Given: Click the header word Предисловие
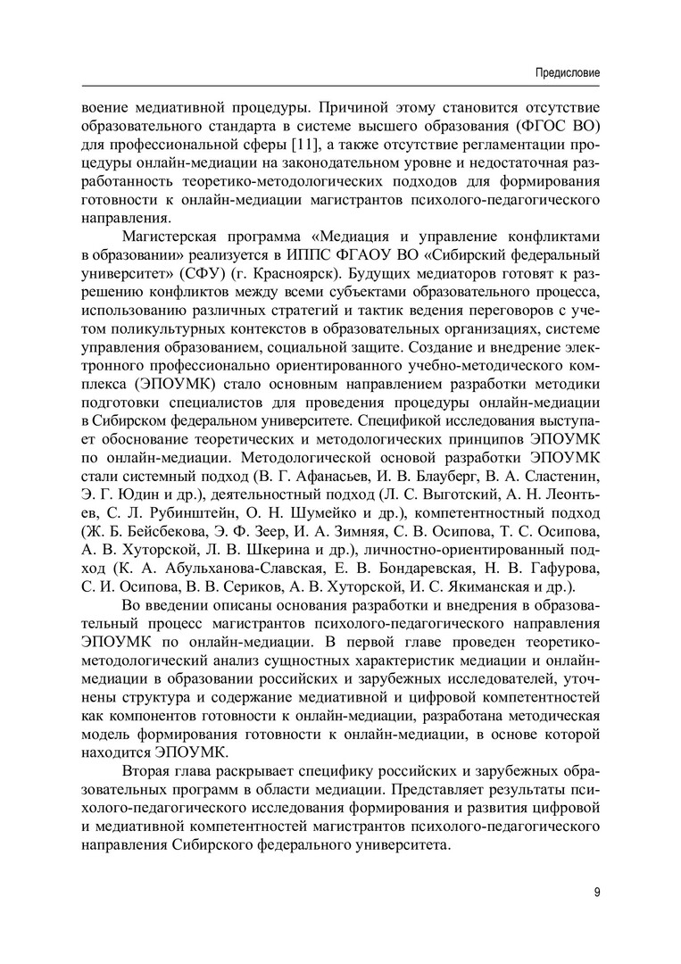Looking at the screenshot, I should [x=567, y=71].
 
